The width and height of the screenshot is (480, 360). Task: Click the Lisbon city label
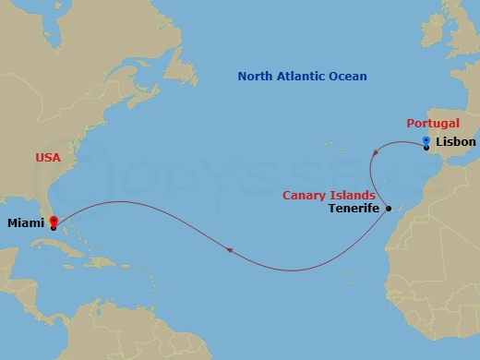[457, 142]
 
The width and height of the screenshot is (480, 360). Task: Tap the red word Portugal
[431, 124]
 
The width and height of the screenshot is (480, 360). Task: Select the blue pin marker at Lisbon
[426, 140]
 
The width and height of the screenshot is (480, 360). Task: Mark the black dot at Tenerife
[389, 208]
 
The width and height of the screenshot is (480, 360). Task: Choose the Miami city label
[25, 222]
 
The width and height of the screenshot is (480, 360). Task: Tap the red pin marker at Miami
[53, 222]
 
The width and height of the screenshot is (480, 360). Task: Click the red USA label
[48, 158]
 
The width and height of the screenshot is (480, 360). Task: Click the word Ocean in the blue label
[349, 77]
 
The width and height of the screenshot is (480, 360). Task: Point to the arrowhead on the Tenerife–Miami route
[228, 249]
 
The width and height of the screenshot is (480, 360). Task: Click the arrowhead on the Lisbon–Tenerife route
[373, 164]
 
